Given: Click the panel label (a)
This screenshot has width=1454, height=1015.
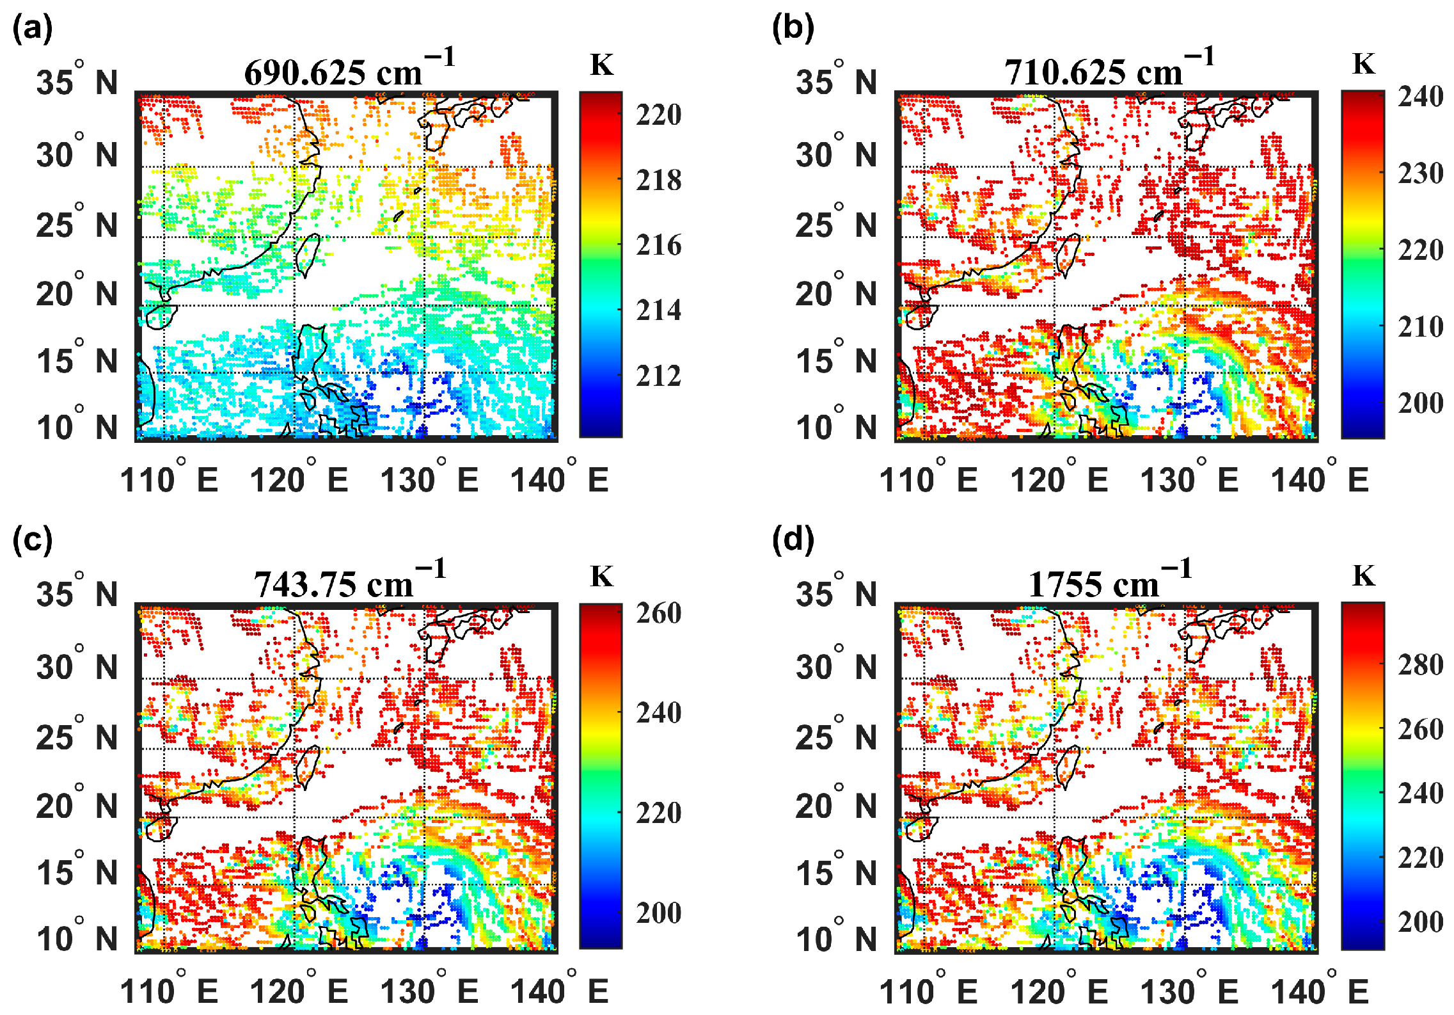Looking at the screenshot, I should pos(32,29).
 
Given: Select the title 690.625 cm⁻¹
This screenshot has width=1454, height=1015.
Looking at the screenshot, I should pos(349,69).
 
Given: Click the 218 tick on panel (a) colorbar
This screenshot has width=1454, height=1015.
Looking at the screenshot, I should pos(658,180).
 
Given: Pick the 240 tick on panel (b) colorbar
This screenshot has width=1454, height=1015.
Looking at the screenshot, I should pos(1420,97).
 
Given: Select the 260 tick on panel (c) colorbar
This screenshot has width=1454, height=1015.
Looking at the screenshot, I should pos(658,613).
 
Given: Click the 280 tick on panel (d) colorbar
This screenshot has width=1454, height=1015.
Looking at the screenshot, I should pos(1420,665).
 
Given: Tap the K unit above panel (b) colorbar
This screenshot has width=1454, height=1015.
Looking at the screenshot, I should pos(1363,64).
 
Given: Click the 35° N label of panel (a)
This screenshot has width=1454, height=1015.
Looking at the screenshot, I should pos(77,81).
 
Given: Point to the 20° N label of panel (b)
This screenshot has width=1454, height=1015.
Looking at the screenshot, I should pos(837,292).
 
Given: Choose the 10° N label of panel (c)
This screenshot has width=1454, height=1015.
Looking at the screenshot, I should pos(77,938).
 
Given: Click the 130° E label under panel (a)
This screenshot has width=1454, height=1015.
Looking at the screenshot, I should pos(429,479).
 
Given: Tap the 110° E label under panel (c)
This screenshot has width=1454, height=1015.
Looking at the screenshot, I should pos(169,991).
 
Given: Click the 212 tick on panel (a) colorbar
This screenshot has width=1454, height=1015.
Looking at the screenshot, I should pos(658,376).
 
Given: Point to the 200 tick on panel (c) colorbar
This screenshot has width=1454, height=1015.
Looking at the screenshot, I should pos(658,913).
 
